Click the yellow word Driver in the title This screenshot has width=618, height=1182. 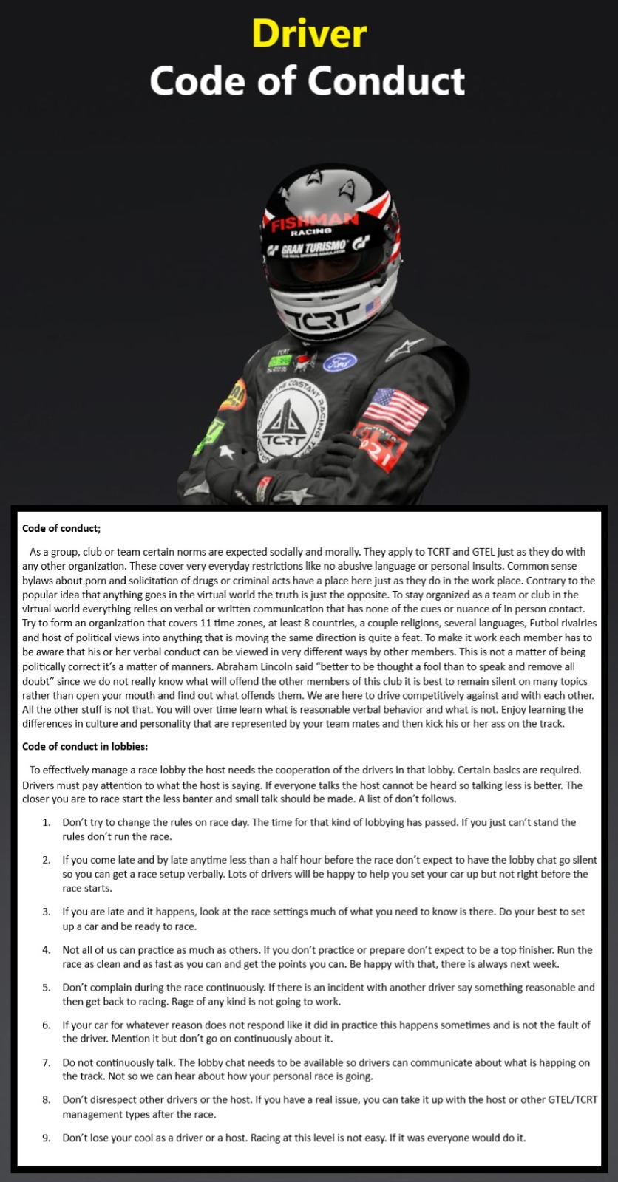(309, 33)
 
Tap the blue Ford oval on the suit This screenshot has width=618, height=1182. (339, 362)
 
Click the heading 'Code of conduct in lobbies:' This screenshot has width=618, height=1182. (85, 746)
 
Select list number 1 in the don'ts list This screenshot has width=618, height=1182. (47, 822)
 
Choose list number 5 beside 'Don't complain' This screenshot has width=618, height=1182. (47, 987)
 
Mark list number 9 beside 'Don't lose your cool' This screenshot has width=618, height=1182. (47, 1138)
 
